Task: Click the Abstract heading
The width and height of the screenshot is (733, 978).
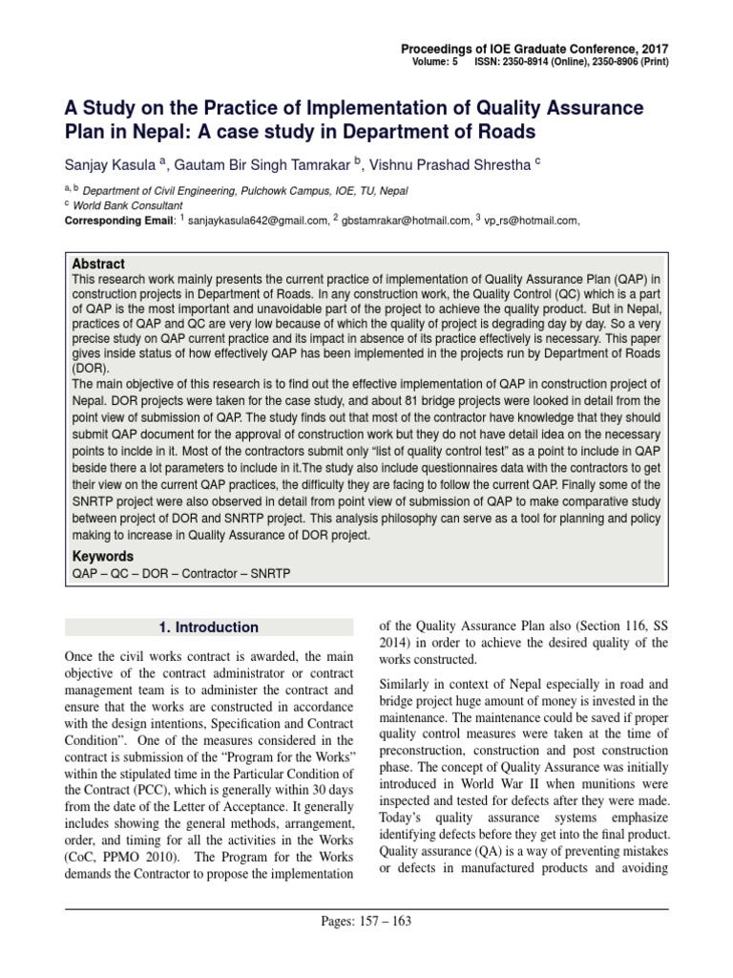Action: [x=98, y=264]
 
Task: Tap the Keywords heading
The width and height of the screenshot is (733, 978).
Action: [x=103, y=556]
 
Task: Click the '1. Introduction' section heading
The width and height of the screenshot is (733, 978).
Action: [x=208, y=627]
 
